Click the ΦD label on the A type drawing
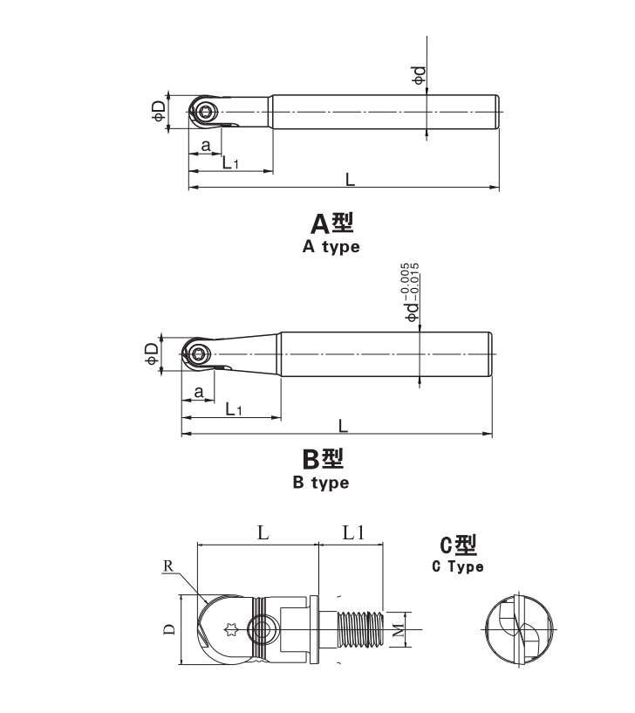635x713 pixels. point(159,111)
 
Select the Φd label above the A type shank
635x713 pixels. point(419,75)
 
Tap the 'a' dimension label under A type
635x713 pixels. point(206,146)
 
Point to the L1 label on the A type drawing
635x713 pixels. point(230,162)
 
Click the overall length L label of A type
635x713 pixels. point(350,180)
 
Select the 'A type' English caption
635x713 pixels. point(331,246)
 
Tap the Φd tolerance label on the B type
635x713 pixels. point(413,292)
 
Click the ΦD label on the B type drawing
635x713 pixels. point(152,353)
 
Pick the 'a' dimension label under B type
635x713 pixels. point(198,392)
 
